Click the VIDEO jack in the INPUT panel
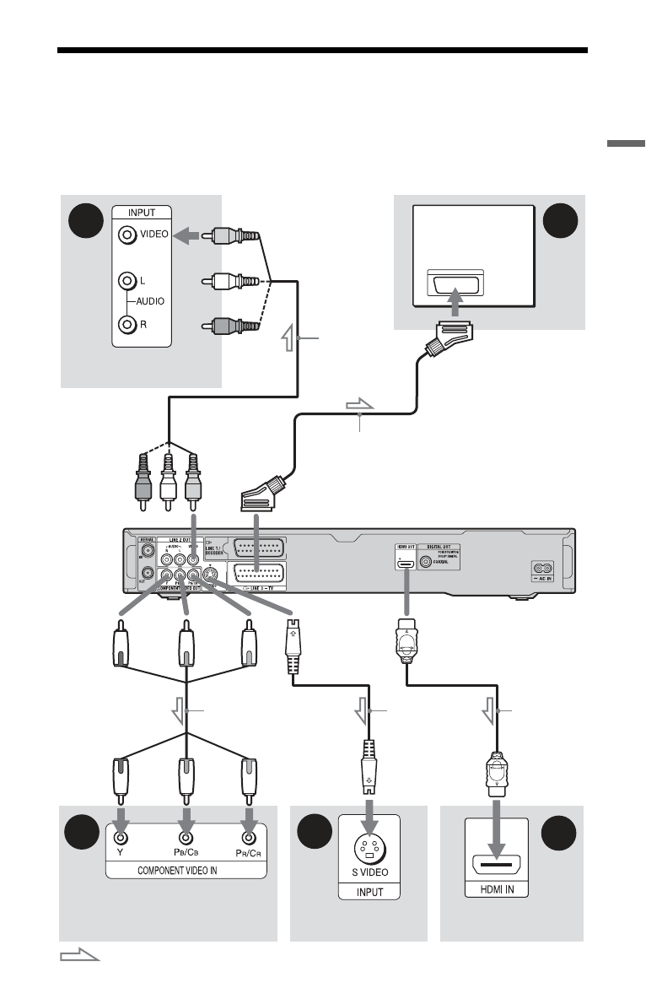pyautogui.click(x=127, y=236)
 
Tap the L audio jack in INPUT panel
pyautogui.click(x=127, y=278)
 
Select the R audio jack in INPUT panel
pyautogui.click(x=127, y=322)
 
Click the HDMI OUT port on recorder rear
pyautogui.click(x=405, y=559)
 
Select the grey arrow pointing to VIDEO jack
pyautogui.click(x=190, y=237)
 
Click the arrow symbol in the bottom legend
pyautogui.click(x=79, y=956)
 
